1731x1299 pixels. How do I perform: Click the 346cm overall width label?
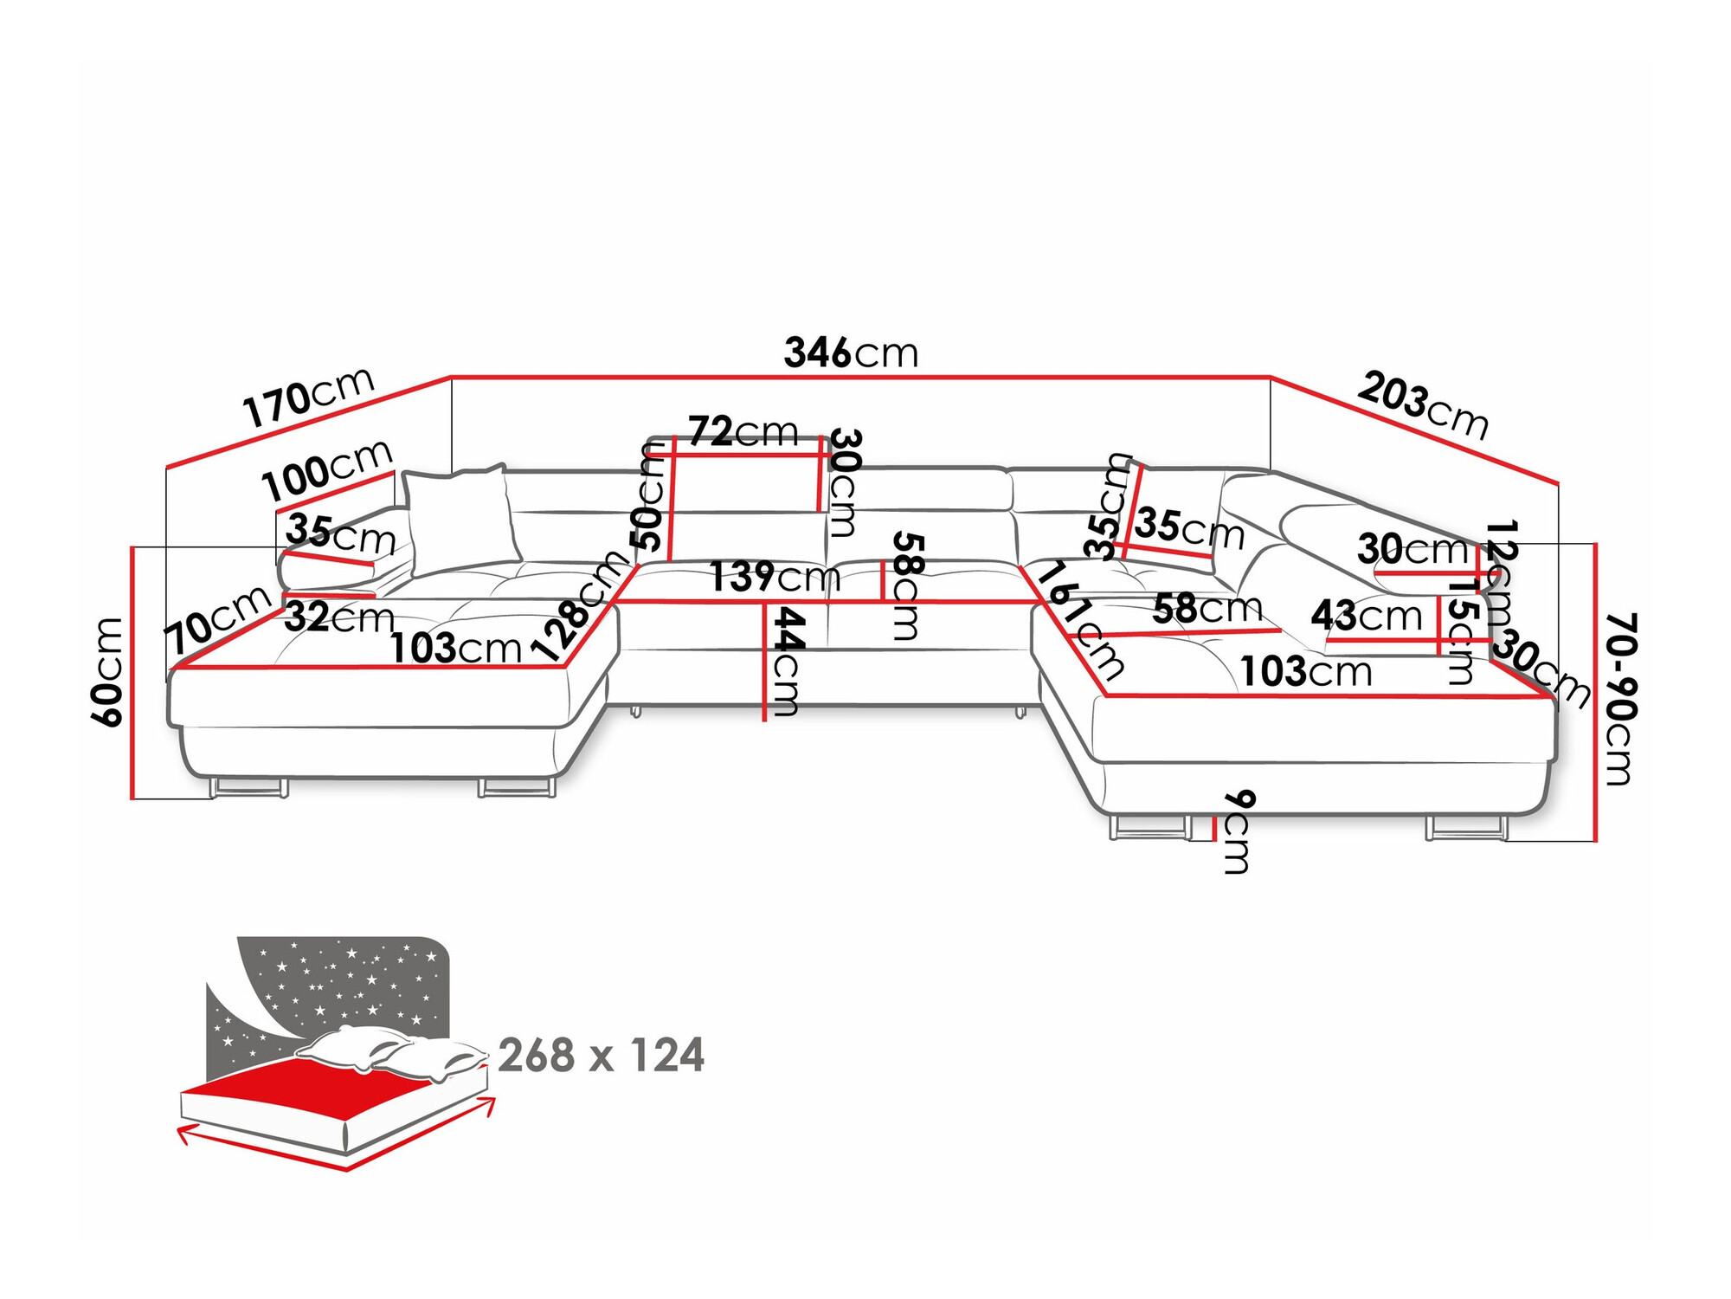[x=850, y=353]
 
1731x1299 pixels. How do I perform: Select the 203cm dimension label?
[x=1423, y=404]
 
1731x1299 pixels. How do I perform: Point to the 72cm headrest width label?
[x=743, y=430]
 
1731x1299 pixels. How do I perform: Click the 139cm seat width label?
[x=774, y=577]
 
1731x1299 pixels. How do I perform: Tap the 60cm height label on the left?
[x=109, y=671]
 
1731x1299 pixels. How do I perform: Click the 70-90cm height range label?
[x=1618, y=698]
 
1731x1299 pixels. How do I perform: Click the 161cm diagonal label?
[x=1080, y=620]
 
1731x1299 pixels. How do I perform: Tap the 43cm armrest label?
[x=1366, y=616]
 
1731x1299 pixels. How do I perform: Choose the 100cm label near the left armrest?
[x=327, y=470]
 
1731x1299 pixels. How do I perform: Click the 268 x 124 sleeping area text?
[x=601, y=1056]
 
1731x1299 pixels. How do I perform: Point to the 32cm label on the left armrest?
[x=338, y=617]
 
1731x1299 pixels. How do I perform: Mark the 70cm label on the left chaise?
[x=216, y=618]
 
